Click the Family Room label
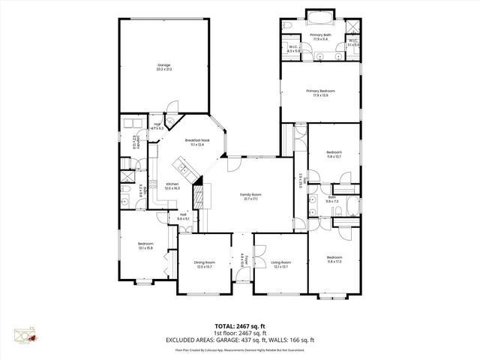[249, 196]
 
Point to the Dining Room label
[204, 263]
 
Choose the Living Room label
[281, 263]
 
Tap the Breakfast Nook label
[197, 142]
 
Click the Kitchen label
[172, 186]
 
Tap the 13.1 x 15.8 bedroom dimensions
[145, 247]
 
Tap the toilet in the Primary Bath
[289, 26]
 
